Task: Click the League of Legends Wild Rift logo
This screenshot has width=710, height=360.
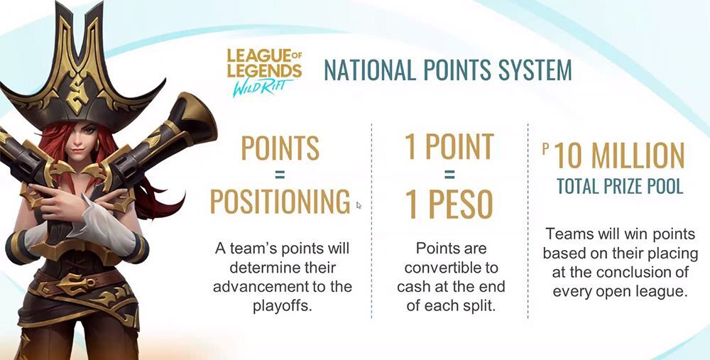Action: (x=264, y=72)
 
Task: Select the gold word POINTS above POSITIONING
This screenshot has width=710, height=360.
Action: (x=280, y=147)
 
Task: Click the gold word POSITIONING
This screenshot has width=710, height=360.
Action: (x=280, y=201)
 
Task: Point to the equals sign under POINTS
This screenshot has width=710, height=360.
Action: (x=280, y=174)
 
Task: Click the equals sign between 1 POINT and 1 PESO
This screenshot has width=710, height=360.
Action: (x=449, y=174)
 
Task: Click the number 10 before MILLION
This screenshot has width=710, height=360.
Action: (x=569, y=155)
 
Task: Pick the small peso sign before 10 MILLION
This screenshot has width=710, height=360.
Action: (x=545, y=149)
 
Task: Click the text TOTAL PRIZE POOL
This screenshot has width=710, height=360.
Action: (x=619, y=186)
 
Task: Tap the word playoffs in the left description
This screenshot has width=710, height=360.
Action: (x=282, y=305)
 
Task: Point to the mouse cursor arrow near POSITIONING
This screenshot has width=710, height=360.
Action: (x=359, y=205)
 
